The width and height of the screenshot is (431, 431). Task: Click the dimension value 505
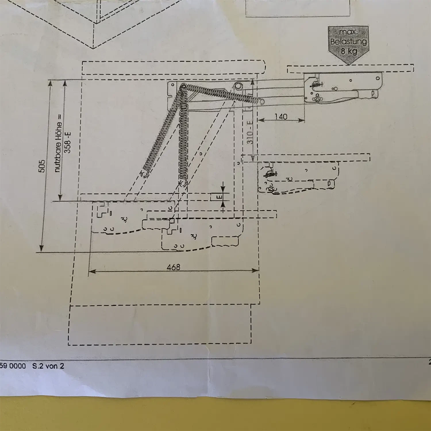42,166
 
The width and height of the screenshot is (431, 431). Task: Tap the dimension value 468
174,267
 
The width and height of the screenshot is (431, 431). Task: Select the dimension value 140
281,117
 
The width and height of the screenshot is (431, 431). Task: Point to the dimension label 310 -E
251,132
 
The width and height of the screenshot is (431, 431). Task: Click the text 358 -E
68,142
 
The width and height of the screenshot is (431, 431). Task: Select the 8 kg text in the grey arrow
349,52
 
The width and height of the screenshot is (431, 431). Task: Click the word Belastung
349,42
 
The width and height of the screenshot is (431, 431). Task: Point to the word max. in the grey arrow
348,32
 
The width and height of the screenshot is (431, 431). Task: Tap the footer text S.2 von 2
48,366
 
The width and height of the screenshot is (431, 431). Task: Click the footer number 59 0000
13,366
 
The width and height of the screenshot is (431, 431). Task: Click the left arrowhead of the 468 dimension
92,271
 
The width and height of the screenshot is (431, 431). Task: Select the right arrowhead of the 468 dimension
255,270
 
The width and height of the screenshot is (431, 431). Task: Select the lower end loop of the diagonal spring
144,174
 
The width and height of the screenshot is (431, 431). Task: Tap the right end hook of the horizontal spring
261,101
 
